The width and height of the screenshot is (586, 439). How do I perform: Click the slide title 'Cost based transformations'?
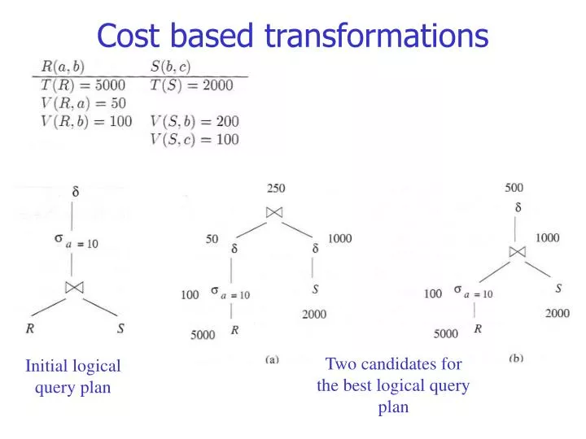click(x=292, y=35)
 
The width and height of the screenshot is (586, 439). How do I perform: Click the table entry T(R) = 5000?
click(x=80, y=85)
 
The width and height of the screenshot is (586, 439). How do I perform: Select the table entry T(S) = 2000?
click(x=192, y=85)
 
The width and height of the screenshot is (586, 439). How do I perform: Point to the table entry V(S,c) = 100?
click(x=195, y=139)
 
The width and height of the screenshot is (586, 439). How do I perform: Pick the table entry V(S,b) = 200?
click(x=195, y=121)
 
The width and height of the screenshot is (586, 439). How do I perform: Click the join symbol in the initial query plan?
click(x=75, y=287)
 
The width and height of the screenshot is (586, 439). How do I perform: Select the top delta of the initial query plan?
click(x=76, y=195)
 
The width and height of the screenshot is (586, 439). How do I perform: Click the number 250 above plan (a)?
click(x=276, y=188)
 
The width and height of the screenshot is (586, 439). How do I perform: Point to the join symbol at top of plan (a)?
click(x=274, y=212)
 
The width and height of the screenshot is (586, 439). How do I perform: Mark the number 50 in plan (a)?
click(x=212, y=239)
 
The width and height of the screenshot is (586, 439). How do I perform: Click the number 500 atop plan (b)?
click(x=514, y=187)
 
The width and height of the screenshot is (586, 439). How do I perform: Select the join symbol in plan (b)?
click(x=517, y=251)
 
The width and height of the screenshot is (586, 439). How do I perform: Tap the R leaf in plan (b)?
click(x=478, y=329)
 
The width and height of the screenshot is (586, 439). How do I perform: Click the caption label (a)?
click(x=272, y=358)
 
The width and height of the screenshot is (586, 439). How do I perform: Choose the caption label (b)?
click(x=516, y=358)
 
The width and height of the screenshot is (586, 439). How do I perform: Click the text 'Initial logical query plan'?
click(x=72, y=377)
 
